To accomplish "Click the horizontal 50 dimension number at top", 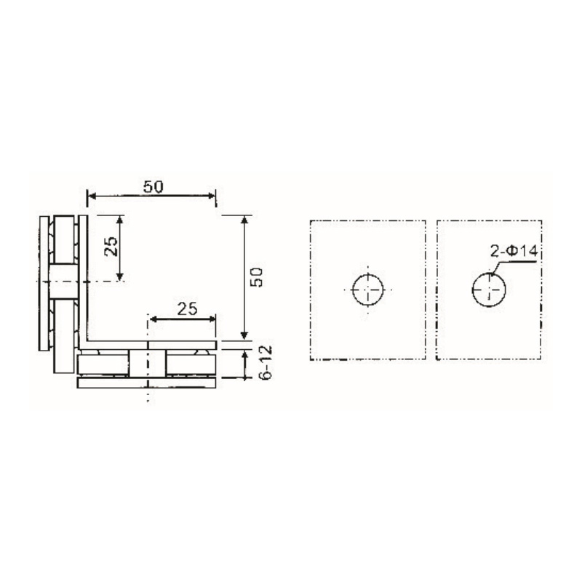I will pos(152,186).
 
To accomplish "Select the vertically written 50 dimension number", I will pos(256,276).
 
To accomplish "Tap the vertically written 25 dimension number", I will pos(111,247).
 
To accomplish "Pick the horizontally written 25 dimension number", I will pos(186,308).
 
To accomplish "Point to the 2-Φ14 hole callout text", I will pos(513,252).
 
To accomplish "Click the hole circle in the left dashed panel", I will pos(369,290).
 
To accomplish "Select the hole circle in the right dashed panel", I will pos(489,290).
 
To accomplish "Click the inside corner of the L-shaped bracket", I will pos(89,338).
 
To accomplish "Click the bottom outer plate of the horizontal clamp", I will pos(145,383).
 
